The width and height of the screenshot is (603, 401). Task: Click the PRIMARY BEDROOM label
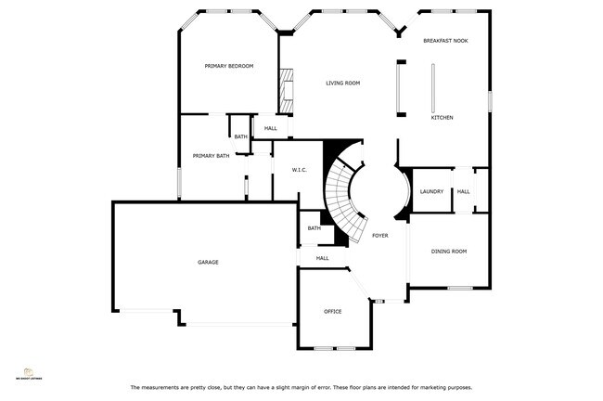229,66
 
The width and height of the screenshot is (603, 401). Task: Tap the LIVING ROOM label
342,84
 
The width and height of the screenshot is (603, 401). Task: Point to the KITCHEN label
442,118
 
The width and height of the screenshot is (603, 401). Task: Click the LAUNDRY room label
431,192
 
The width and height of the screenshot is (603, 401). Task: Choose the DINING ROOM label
448,252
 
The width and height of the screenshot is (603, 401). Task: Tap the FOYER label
379,236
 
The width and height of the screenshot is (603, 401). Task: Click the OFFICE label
333,311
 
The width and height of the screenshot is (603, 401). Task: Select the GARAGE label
208,263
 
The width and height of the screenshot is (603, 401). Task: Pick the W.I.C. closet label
300,170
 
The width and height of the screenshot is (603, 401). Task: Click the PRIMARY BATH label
211,156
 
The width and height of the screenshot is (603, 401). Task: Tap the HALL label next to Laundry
463,192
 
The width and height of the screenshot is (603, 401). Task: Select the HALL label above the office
322,258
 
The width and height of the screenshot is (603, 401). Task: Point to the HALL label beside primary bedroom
270,129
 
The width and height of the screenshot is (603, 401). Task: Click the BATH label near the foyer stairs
314,228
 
